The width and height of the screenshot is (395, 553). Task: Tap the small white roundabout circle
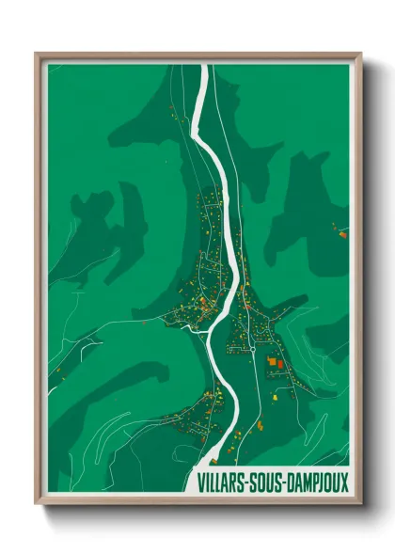coord(251,349)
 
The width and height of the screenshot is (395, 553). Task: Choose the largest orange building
coord(276,361)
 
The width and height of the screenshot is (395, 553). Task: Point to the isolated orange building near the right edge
coord(342,233)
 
